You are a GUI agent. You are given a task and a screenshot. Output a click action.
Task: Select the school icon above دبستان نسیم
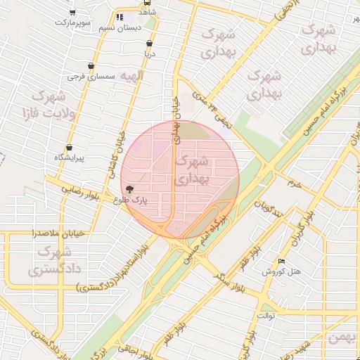click(x=119, y=16)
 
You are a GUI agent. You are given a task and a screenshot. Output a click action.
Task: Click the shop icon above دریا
click(x=148, y=44)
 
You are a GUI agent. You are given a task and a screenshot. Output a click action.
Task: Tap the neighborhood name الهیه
click(x=131, y=75)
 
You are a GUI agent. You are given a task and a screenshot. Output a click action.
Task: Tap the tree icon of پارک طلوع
click(x=129, y=189)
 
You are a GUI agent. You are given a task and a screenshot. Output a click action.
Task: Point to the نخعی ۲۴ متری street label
click(x=214, y=112)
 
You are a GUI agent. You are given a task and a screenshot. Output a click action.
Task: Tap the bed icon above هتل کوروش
click(x=282, y=261)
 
